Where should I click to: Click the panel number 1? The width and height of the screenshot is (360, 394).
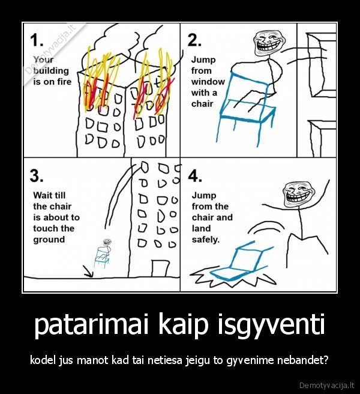(x=37, y=40)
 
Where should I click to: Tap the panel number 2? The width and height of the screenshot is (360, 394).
(x=194, y=40)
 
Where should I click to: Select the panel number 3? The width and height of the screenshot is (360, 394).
(x=37, y=175)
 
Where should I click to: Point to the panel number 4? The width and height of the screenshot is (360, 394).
(x=195, y=175)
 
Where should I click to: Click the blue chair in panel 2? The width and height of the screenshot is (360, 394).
(x=246, y=102)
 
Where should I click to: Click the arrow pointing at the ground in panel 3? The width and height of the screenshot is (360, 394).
(x=88, y=273)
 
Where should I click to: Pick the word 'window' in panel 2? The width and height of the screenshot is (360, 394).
(x=208, y=82)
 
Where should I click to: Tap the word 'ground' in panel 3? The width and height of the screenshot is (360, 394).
(x=49, y=240)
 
